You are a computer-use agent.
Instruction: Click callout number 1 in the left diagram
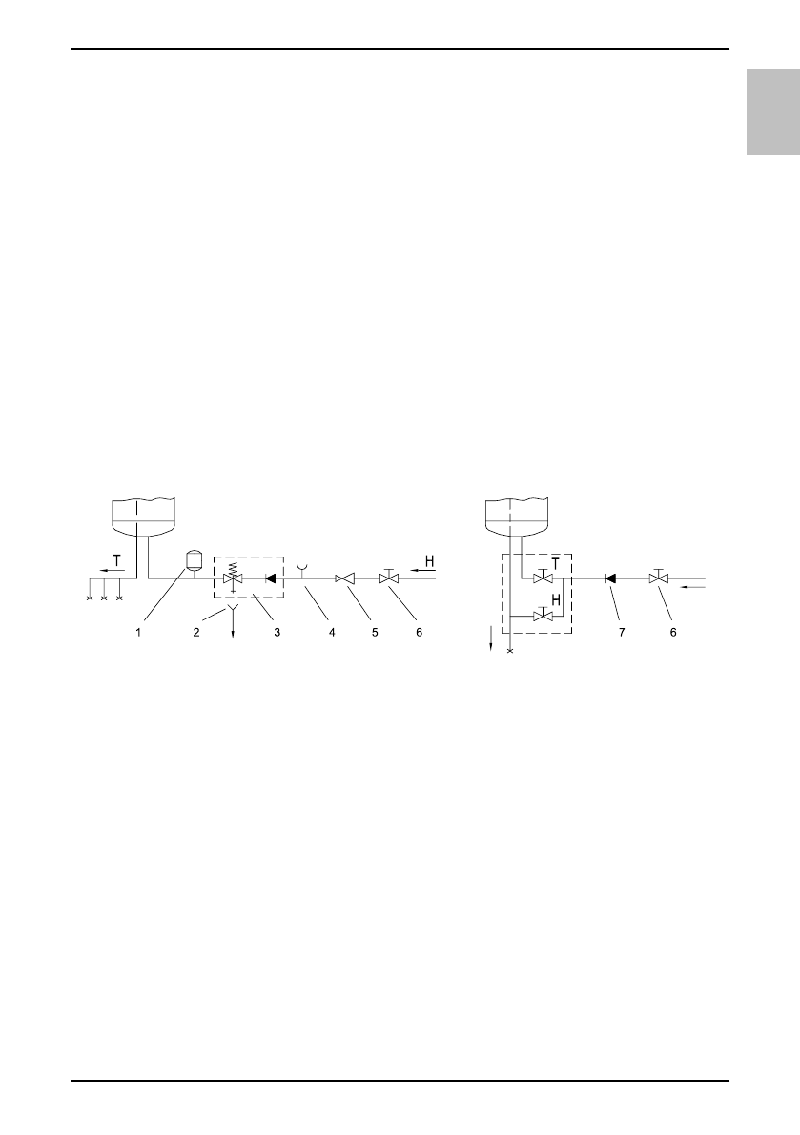point(138,632)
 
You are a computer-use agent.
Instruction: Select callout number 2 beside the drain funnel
point(196,632)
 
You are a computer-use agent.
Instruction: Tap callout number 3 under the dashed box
point(277,632)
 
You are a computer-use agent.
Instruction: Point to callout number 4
point(333,632)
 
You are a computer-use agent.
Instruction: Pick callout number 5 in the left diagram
point(375,632)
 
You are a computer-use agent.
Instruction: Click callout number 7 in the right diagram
point(622,632)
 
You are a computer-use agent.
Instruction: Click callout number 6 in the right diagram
point(673,632)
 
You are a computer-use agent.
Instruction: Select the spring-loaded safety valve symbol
point(233,577)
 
